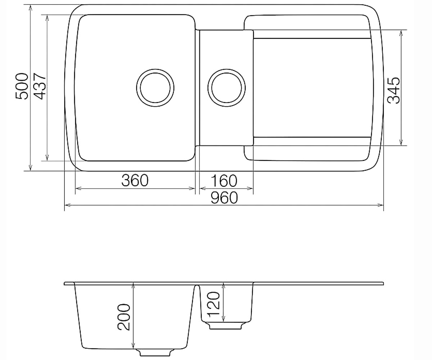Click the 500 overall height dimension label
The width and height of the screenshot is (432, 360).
point(22,86)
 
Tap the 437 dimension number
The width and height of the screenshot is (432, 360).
point(40,86)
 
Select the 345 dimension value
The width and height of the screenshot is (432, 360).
point(394,90)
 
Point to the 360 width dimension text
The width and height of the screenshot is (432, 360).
point(135,180)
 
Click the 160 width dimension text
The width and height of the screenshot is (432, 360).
point(224,181)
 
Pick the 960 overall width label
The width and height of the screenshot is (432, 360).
point(224,198)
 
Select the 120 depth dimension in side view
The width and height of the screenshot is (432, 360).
point(214,306)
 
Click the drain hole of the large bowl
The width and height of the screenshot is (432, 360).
point(155,88)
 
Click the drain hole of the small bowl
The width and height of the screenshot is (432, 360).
point(226,88)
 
